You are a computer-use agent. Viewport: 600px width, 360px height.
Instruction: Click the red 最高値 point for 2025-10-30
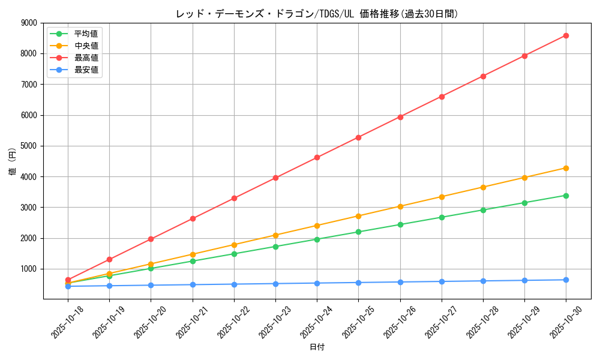(x=566, y=35)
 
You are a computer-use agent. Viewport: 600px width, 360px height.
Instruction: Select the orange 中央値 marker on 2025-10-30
(x=566, y=168)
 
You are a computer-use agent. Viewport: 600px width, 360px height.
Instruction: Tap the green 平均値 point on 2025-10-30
(x=566, y=196)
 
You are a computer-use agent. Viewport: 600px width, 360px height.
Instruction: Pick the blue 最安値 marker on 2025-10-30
(x=566, y=280)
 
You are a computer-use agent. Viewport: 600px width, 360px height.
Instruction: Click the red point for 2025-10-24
(x=317, y=157)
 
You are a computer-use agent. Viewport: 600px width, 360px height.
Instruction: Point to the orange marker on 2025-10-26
(x=400, y=206)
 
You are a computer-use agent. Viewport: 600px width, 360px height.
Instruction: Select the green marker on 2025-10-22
(x=234, y=254)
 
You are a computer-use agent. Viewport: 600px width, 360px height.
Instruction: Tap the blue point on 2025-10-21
(x=193, y=284)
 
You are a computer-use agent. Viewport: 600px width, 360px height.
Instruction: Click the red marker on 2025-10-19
(x=109, y=259)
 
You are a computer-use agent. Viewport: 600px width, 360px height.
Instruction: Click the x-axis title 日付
(x=317, y=347)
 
